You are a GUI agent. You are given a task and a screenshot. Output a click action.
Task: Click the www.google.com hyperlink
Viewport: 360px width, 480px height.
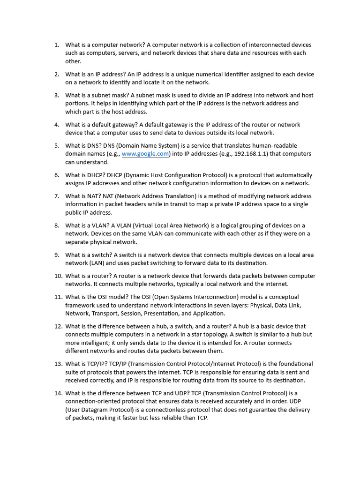(x=145, y=154)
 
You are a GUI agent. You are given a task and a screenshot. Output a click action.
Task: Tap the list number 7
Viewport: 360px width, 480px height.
(x=56, y=196)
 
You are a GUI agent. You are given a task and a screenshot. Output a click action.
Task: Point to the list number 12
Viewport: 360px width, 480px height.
(x=58, y=326)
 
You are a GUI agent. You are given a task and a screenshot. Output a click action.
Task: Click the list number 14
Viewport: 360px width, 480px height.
(x=58, y=393)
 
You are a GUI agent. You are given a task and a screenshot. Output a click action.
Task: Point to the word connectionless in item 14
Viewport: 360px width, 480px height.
(x=188, y=410)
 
